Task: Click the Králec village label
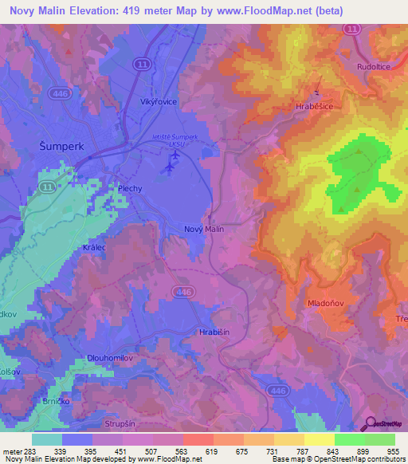[x=95, y=248]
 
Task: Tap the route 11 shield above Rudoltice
[x=351, y=28]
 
